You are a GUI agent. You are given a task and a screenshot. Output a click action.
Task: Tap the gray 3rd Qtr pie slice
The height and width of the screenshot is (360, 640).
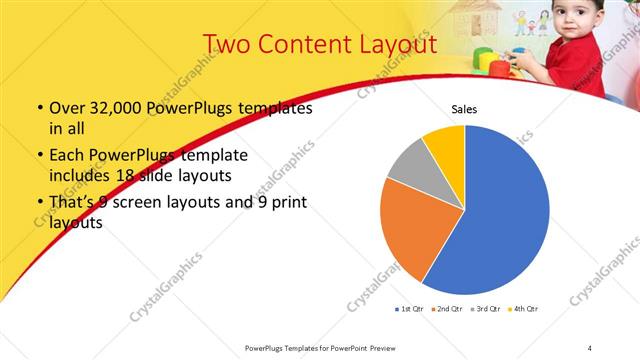pyautogui.click(x=407, y=167)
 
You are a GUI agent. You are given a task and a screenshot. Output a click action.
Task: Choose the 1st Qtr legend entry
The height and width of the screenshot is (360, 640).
pyautogui.click(x=410, y=308)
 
